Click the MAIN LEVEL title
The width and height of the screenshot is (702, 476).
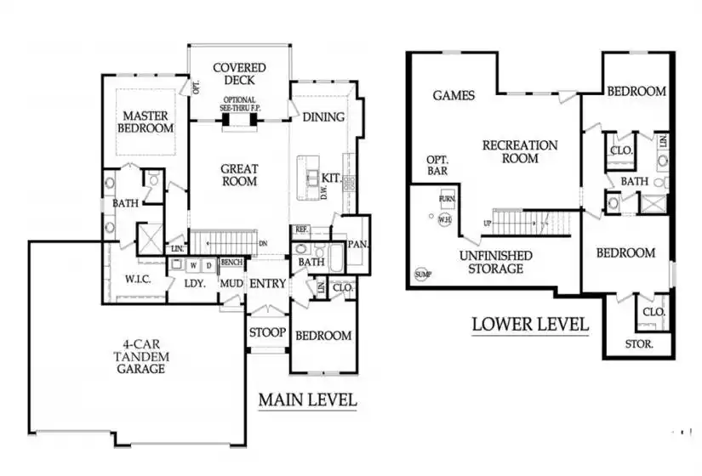click(307, 399)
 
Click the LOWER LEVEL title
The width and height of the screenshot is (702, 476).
click(530, 324)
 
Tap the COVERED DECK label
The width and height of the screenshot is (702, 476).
click(239, 74)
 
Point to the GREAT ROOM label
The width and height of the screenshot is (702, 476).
click(239, 175)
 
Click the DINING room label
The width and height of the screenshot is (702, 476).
click(323, 117)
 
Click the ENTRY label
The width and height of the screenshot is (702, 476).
click(268, 284)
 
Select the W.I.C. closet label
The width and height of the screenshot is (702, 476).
click(138, 278)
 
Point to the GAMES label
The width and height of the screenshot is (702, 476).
click(454, 95)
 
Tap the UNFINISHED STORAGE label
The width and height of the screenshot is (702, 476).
click(496, 262)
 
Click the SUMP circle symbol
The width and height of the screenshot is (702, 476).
click(423, 275)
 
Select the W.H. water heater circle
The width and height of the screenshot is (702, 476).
click(444, 221)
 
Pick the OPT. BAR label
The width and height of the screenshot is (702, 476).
click(437, 166)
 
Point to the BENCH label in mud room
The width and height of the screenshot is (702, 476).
click(231, 263)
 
